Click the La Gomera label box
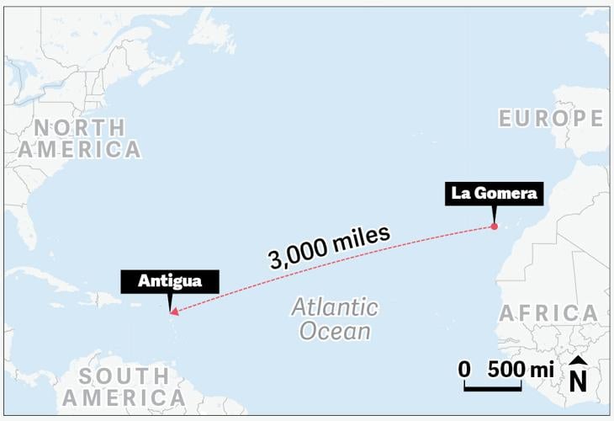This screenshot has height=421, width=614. tap(493, 193)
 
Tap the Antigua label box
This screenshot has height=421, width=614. tap(170, 281)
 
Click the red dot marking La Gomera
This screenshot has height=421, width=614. tap(494, 226)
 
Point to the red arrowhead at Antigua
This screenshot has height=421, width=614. tap(173, 312)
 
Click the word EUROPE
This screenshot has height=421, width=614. tap(551, 119)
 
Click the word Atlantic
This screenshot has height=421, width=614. tap(335, 306)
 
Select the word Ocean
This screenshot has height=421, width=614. tap(336, 331)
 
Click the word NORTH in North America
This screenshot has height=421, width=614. tap(80, 127)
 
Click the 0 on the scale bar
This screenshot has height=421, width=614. tap(463, 369)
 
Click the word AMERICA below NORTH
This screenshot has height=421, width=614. tap(80, 150)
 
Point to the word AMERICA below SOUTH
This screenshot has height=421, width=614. tap(124, 397)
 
